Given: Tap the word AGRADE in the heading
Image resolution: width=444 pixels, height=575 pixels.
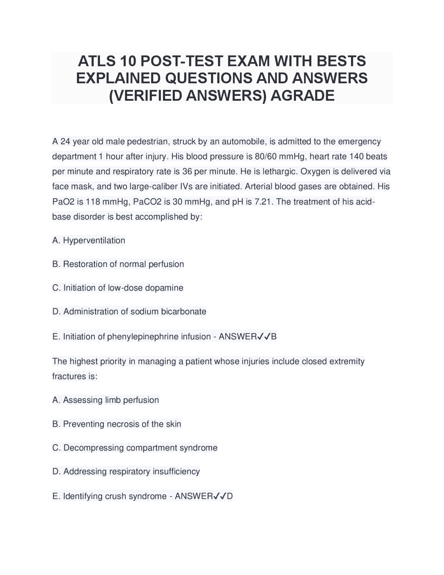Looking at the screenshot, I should click(x=302, y=95).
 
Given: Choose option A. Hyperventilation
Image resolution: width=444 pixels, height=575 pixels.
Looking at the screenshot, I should click(x=89, y=240).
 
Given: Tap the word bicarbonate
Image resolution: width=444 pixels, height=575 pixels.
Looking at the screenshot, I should click(x=183, y=311).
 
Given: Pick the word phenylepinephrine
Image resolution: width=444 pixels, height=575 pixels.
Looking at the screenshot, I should click(x=143, y=336).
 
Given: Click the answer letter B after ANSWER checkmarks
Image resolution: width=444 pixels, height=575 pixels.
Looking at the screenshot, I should click(x=274, y=336).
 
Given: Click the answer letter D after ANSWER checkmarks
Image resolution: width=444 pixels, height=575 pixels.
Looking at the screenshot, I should click(x=230, y=496).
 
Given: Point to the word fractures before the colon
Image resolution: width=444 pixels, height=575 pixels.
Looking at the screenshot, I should click(x=67, y=376).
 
